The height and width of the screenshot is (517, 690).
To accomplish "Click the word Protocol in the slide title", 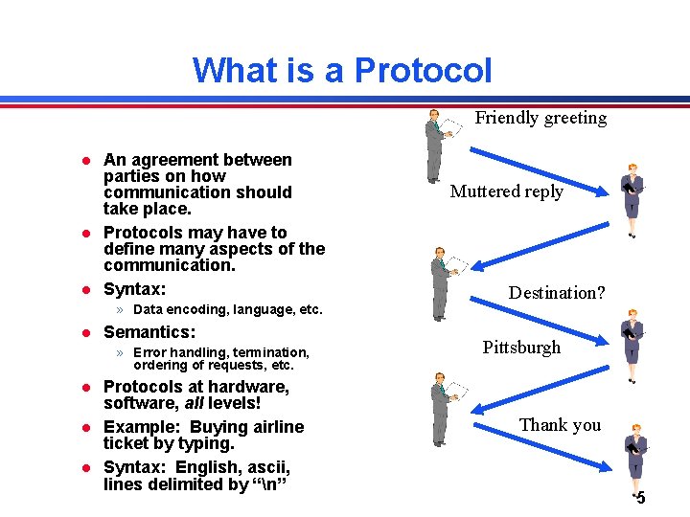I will click(x=423, y=71).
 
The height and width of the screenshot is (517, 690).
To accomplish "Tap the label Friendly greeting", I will click(x=540, y=118).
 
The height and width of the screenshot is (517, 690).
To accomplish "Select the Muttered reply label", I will click(x=507, y=191).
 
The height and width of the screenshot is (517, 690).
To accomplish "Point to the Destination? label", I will click(x=557, y=293).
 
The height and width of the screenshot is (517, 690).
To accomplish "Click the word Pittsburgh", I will click(x=521, y=348).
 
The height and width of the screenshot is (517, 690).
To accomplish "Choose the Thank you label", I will click(x=560, y=424).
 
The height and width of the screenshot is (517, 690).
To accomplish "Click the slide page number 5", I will click(x=640, y=498).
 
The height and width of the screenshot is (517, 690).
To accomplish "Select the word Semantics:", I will click(x=149, y=332).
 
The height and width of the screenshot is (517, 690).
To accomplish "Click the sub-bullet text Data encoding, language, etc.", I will click(x=228, y=310).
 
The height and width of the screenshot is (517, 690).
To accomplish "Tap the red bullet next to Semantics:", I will click(x=84, y=333).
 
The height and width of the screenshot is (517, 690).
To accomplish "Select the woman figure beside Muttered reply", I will click(x=632, y=199).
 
